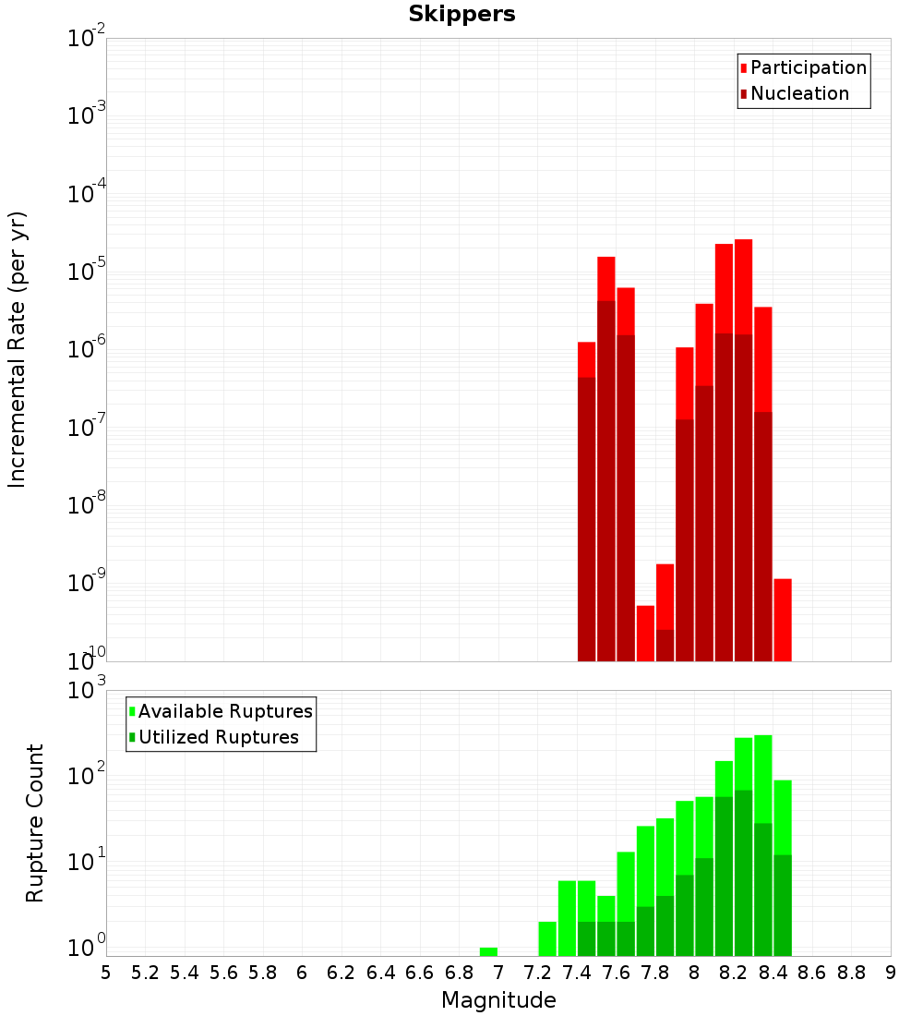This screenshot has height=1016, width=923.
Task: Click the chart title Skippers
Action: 461,14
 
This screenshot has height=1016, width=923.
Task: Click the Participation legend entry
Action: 808,67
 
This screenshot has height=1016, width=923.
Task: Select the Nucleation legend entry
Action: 799,93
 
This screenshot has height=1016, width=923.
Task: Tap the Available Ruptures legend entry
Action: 225,711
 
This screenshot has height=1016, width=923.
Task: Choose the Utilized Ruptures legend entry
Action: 218,737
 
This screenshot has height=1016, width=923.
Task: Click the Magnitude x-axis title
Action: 498,1000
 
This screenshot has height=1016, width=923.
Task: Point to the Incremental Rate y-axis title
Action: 18,350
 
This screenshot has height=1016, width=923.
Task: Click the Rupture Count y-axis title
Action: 35,823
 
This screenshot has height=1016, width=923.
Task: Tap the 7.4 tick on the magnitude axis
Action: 577,973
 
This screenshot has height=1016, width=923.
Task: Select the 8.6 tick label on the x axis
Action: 812,973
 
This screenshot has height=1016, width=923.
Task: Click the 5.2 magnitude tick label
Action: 145,973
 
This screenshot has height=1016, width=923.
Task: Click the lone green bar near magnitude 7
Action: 488,951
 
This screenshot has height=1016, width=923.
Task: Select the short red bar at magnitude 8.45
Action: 783,619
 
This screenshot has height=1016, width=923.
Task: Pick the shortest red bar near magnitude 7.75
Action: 645,633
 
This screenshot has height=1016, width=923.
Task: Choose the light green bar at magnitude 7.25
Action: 547,938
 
